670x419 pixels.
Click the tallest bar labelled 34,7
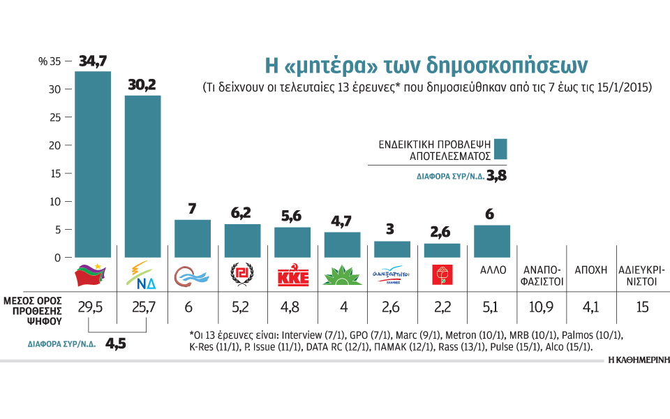pos(93,164)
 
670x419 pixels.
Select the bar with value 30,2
pos(142,176)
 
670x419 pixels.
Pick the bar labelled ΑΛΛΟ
pos(492,241)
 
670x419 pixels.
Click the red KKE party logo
pos(292,277)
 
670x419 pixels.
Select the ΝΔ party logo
pos(142,277)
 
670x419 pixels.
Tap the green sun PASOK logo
pos(342,277)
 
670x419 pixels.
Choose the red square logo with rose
pos(442,276)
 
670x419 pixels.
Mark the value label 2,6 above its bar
pos(442,231)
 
